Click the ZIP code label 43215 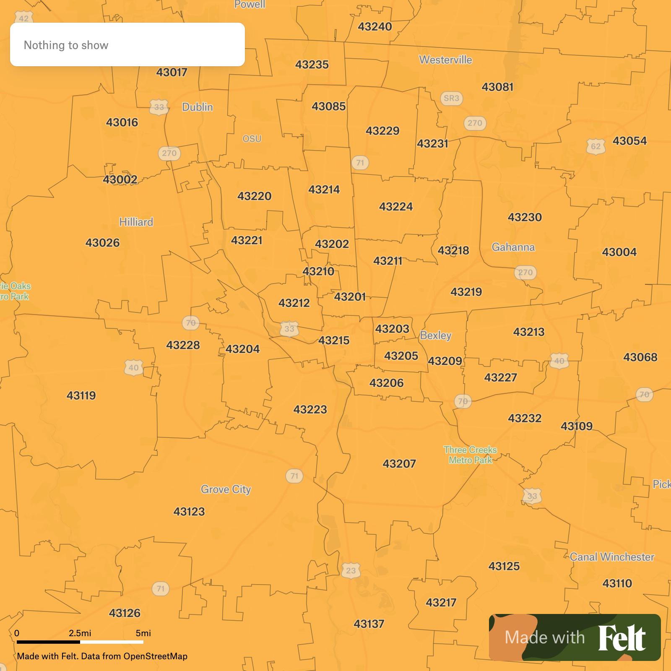pos(334,341)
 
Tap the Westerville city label pos(445,60)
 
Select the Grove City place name pos(226,489)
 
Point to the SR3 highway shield pos(451,98)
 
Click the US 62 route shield pos(596,147)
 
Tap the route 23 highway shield pos(351,571)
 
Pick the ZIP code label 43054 pos(629,141)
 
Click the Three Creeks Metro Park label pos(470,455)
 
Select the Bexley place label pos(436,335)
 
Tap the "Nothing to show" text pos(66,45)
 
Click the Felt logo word pos(622,638)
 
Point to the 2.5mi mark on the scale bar pos(80,633)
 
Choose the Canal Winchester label pos(612,557)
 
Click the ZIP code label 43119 pos(81,395)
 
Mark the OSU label pos(252,139)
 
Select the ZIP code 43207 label pos(399,464)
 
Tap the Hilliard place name pos(136,222)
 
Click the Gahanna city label pos(513,247)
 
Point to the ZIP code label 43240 pos(375,27)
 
